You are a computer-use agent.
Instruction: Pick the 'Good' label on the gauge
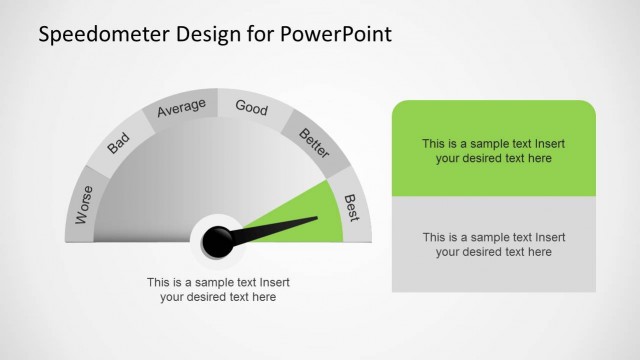pyautogui.click(x=251, y=107)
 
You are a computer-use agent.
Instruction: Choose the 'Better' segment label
pyautogui.click(x=314, y=144)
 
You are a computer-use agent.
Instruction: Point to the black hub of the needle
pyautogui.click(x=218, y=240)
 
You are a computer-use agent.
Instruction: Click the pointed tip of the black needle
pyautogui.click(x=317, y=218)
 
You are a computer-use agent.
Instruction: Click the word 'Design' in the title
pyautogui.click(x=206, y=35)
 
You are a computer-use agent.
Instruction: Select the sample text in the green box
pyautogui.click(x=493, y=150)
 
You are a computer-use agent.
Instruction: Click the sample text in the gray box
pyautogui.click(x=493, y=244)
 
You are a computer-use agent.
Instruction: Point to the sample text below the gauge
pyautogui.click(x=218, y=289)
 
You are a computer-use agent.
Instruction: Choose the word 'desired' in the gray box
pyautogui.click(x=480, y=252)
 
